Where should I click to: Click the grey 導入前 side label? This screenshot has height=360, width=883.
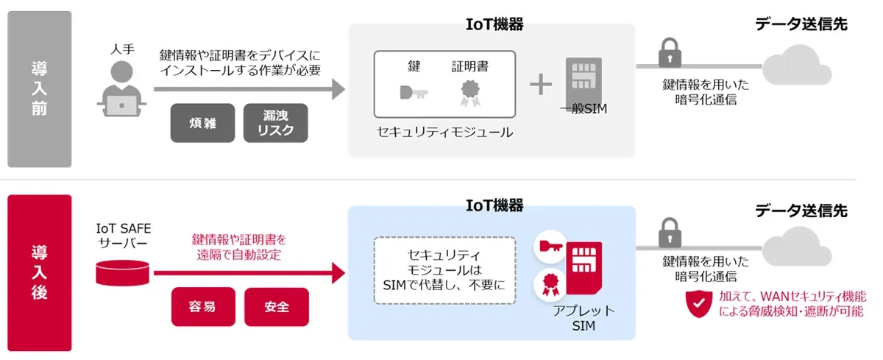pyautogui.click(x=40, y=89)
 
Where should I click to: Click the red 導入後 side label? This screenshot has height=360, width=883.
pyautogui.click(x=40, y=272)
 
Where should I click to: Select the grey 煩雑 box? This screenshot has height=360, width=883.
pyautogui.click(x=202, y=122)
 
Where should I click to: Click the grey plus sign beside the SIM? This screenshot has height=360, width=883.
pyautogui.click(x=541, y=85)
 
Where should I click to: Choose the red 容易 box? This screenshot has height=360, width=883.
pyautogui.click(x=202, y=306)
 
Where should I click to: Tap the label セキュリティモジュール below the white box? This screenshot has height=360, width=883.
pyautogui.click(x=444, y=133)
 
